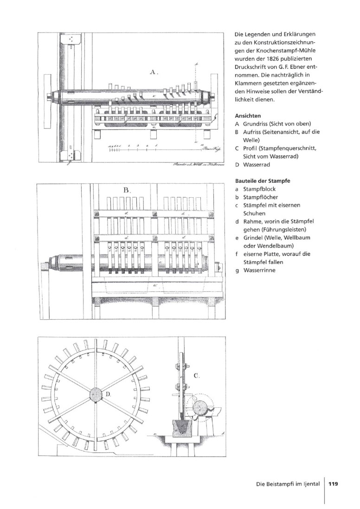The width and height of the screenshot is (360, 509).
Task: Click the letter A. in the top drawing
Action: (x=154, y=72)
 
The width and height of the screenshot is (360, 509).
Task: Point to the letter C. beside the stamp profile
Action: (x=196, y=376)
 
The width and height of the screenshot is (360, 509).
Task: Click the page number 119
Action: (x=333, y=484)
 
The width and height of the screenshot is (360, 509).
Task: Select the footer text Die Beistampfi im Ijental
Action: (x=288, y=484)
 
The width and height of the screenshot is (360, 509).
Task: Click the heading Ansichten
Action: (x=248, y=115)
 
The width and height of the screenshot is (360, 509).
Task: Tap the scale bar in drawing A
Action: (x=153, y=149)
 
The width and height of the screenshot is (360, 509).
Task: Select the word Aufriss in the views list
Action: (x=253, y=132)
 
